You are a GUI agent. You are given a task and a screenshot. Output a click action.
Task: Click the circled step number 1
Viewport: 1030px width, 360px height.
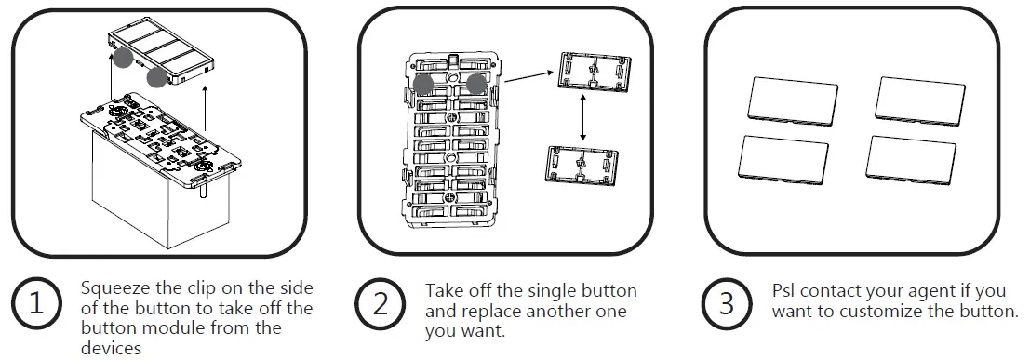click(34, 304)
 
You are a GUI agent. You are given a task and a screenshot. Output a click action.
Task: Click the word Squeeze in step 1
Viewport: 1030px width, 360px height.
click(111, 288)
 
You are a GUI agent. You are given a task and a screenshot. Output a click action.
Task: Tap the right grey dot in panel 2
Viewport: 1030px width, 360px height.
click(476, 84)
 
